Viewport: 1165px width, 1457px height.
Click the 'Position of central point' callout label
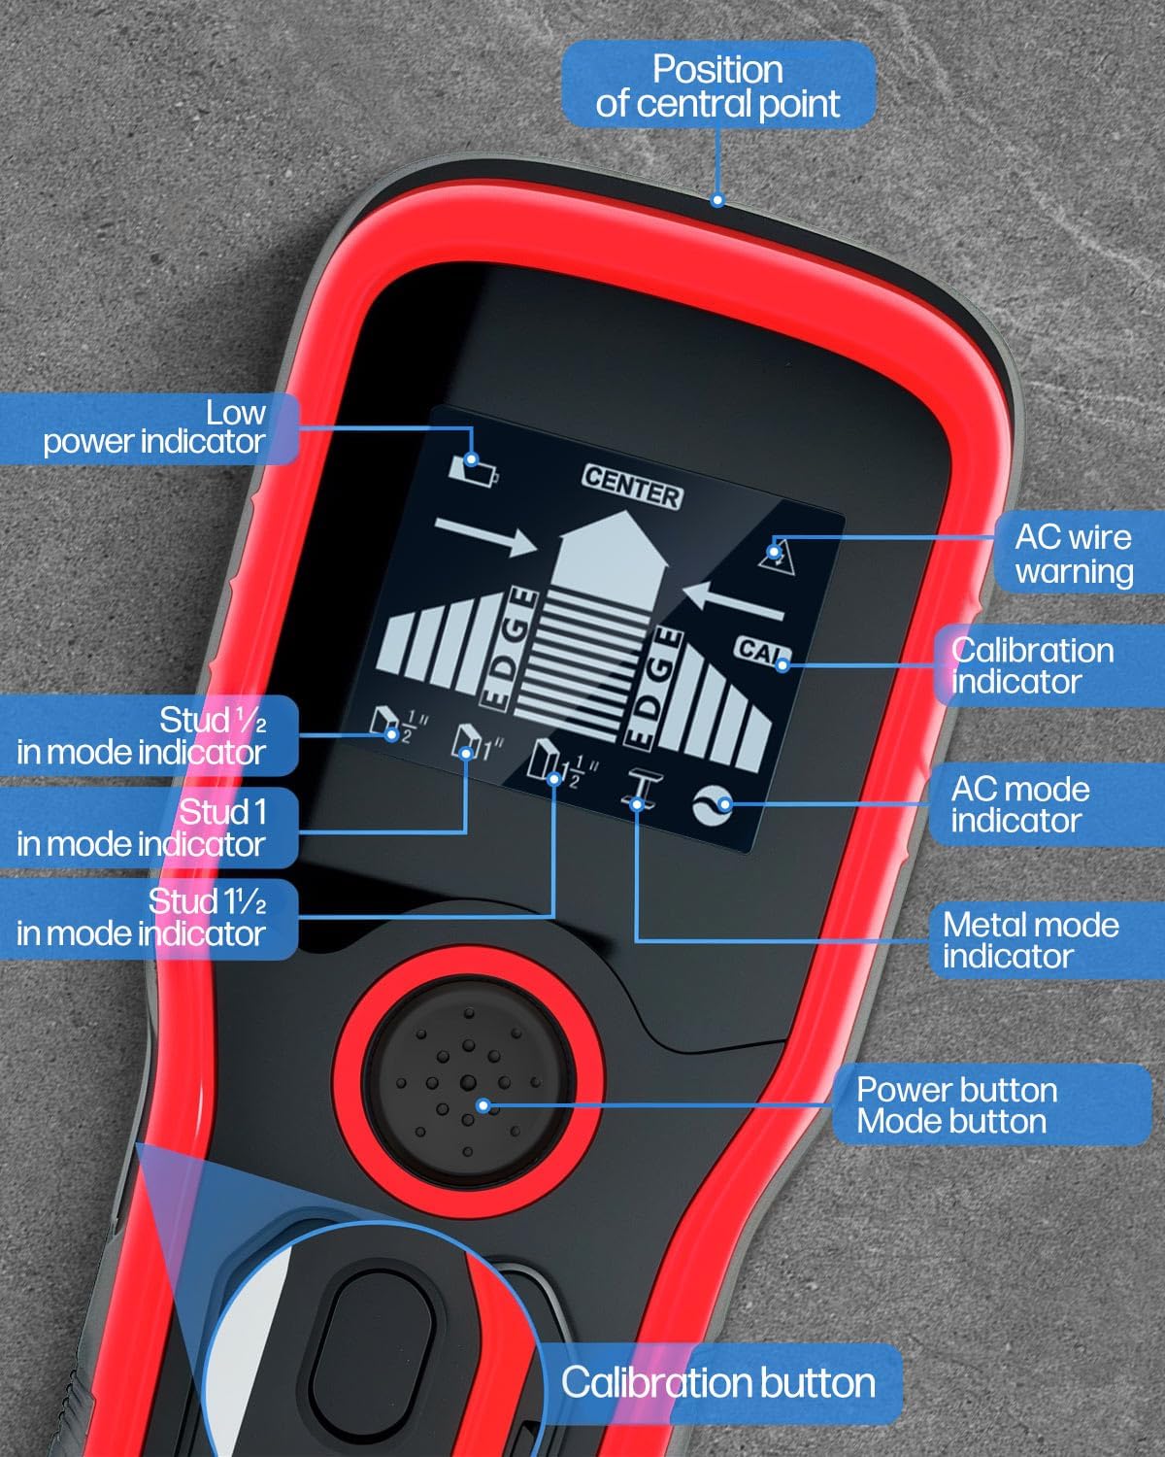tap(718, 85)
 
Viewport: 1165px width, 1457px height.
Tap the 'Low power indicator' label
tap(153, 427)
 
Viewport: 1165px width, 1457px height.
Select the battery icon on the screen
tap(474, 469)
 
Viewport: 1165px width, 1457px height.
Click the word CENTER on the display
tap(632, 486)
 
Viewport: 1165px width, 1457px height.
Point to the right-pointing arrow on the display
tap(485, 536)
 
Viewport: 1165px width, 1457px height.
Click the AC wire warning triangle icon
tap(776, 555)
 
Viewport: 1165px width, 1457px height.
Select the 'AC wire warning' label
tap(1073, 554)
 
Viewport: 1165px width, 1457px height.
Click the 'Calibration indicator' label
tap(1032, 665)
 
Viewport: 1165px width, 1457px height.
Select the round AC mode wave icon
tap(713, 805)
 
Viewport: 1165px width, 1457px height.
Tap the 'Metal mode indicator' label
tap(1030, 939)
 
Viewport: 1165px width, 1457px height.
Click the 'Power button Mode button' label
tap(956, 1105)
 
